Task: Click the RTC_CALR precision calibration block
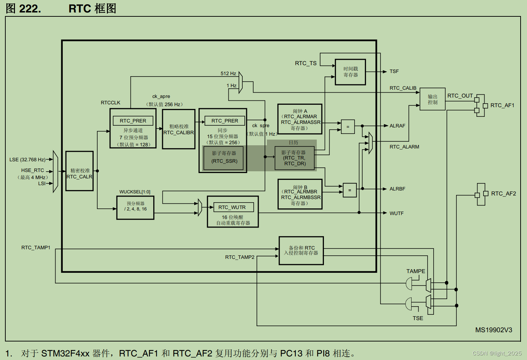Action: (x=79, y=171)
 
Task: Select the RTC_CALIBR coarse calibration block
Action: (x=179, y=129)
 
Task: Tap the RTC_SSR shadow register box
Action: (x=224, y=157)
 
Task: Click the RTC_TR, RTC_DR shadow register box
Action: (x=294, y=158)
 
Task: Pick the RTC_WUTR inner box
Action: (x=232, y=207)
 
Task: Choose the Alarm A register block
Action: (x=300, y=119)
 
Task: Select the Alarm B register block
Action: (x=300, y=194)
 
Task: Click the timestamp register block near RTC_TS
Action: (x=350, y=72)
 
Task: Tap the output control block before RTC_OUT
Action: (x=432, y=99)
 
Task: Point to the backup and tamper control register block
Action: (x=301, y=251)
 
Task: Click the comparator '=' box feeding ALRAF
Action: (x=348, y=126)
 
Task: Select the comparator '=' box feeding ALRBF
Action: (x=350, y=190)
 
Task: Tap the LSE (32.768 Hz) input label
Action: (x=27, y=160)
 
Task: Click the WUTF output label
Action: (x=396, y=213)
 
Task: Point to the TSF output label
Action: (x=394, y=72)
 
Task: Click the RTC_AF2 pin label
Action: (x=503, y=194)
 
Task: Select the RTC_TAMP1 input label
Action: (x=36, y=247)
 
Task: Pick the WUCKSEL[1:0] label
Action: (x=135, y=192)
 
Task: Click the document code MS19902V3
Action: (x=494, y=330)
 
